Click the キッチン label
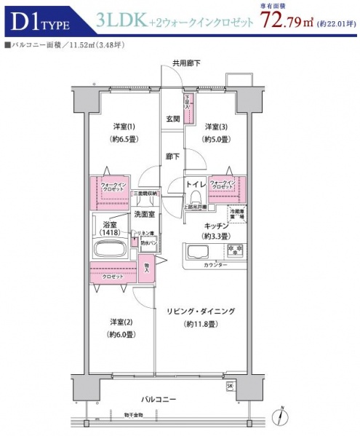(x=217, y=226)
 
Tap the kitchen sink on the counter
(x=198, y=253)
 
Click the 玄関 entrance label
(x=172, y=119)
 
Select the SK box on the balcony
(x=231, y=386)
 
